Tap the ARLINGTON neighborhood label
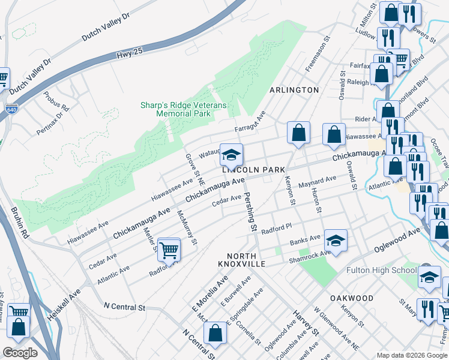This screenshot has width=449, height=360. (x=294, y=90)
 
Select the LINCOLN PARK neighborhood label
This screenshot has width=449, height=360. (x=253, y=170)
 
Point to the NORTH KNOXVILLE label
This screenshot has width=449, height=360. (x=234, y=259)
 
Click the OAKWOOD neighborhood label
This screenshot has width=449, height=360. (x=352, y=298)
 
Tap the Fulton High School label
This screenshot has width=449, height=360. (x=382, y=270)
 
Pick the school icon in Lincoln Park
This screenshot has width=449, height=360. (x=231, y=156)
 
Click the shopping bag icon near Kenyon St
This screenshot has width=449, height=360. (x=298, y=133)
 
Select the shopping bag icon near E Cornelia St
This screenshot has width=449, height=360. (x=215, y=334)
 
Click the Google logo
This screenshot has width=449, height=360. (x=20, y=353)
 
